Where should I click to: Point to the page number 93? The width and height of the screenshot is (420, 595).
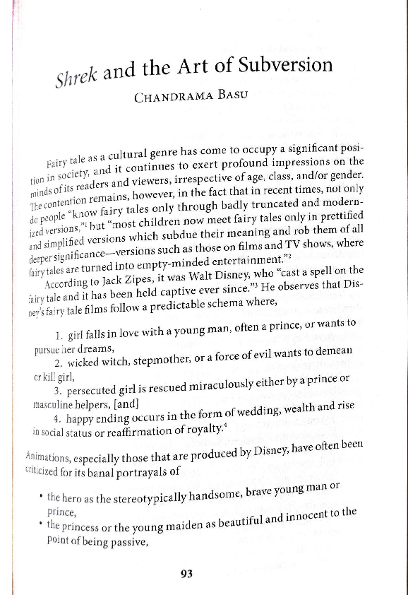(186, 574)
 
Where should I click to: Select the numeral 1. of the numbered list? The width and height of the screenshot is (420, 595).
(58, 336)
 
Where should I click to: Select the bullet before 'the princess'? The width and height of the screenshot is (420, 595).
(42, 525)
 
